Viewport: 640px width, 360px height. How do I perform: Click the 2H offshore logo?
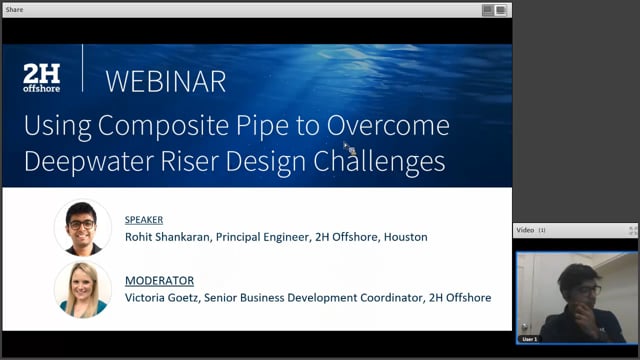[x=42, y=78]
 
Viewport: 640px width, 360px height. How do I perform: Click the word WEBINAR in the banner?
[x=165, y=80]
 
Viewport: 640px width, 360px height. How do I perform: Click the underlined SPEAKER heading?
[x=143, y=220]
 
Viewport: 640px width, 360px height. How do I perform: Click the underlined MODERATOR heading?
[x=159, y=281]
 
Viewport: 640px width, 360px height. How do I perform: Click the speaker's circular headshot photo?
[x=82, y=228]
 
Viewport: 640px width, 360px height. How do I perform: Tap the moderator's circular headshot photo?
[x=82, y=289]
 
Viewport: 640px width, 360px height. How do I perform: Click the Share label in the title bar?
[x=14, y=9]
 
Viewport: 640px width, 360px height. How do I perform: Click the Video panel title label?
[x=524, y=230]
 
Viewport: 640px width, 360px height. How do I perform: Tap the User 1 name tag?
[x=530, y=339]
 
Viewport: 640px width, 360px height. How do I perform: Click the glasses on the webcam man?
[x=588, y=289]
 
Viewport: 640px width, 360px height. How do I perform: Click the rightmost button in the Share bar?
[x=501, y=9]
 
